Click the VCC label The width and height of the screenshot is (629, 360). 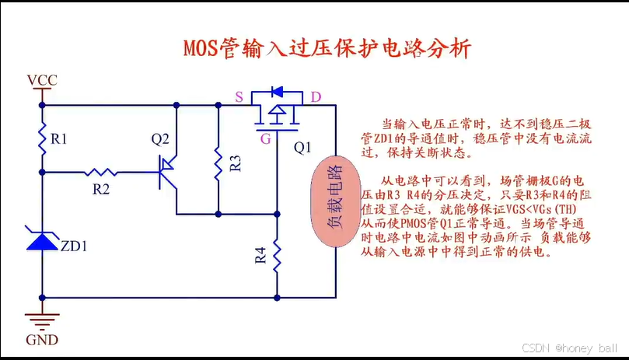click(x=42, y=81)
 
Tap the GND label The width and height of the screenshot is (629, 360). click(x=42, y=340)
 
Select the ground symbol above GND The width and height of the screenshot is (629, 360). click(x=42, y=316)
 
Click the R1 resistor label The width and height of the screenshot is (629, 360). click(x=60, y=140)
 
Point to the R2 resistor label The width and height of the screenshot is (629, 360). click(x=101, y=188)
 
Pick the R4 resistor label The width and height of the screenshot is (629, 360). click(x=260, y=255)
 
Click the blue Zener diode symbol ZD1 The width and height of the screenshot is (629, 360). click(x=42, y=240)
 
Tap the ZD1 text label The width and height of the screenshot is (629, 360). click(x=75, y=248)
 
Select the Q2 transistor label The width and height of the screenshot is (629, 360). click(x=160, y=140)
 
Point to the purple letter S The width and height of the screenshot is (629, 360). click(x=239, y=97)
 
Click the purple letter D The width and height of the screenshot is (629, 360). click(x=316, y=97)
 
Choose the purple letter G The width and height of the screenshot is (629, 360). click(x=266, y=139)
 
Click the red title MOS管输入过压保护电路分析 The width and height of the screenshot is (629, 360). click(x=327, y=49)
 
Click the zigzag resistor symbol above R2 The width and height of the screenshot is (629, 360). click(x=101, y=171)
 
